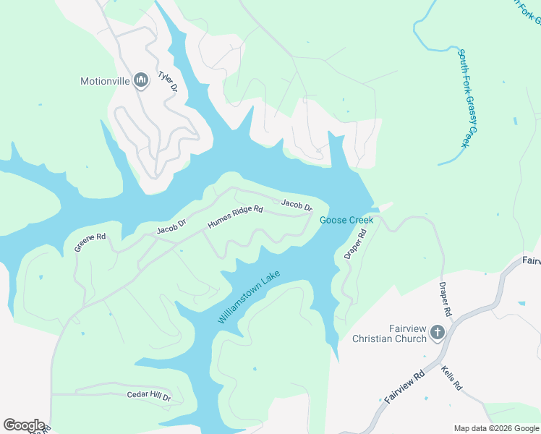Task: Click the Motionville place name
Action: pos(105,81)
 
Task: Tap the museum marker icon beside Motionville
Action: pos(141,80)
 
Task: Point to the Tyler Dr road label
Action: pos(168,81)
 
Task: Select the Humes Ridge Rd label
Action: pos(235,217)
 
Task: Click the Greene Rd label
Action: pos(90,242)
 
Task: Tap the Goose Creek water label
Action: pos(346,220)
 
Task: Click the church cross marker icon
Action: pos(437,333)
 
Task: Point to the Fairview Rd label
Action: pos(404,388)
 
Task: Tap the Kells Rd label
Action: pos(451,378)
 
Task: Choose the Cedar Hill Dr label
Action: pos(148,397)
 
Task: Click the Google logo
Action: pos(24,425)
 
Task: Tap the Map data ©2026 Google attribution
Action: pos(496,428)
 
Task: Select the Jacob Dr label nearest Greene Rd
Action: pos(171,226)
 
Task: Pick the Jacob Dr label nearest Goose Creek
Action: pos(297,206)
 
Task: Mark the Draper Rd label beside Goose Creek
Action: pos(355,245)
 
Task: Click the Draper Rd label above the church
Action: pos(445,299)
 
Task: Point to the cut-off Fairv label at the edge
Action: pos(531,259)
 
